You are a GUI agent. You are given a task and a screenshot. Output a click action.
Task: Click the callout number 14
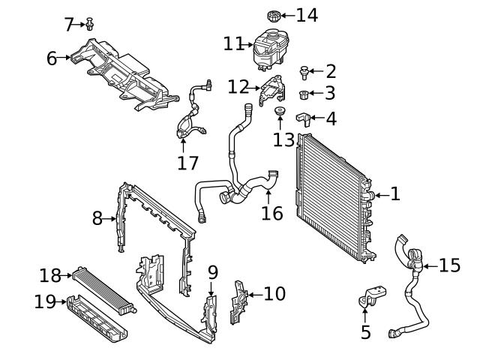[307, 15]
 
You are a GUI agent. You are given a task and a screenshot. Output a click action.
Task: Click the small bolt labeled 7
[90, 24]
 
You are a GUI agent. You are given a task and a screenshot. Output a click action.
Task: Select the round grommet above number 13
[280, 113]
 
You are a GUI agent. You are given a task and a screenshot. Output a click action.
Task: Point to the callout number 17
[187, 163]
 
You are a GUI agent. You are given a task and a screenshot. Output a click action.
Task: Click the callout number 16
[272, 213]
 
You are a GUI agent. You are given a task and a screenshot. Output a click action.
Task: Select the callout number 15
[449, 265]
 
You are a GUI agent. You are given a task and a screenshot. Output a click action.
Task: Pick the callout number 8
[97, 218]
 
